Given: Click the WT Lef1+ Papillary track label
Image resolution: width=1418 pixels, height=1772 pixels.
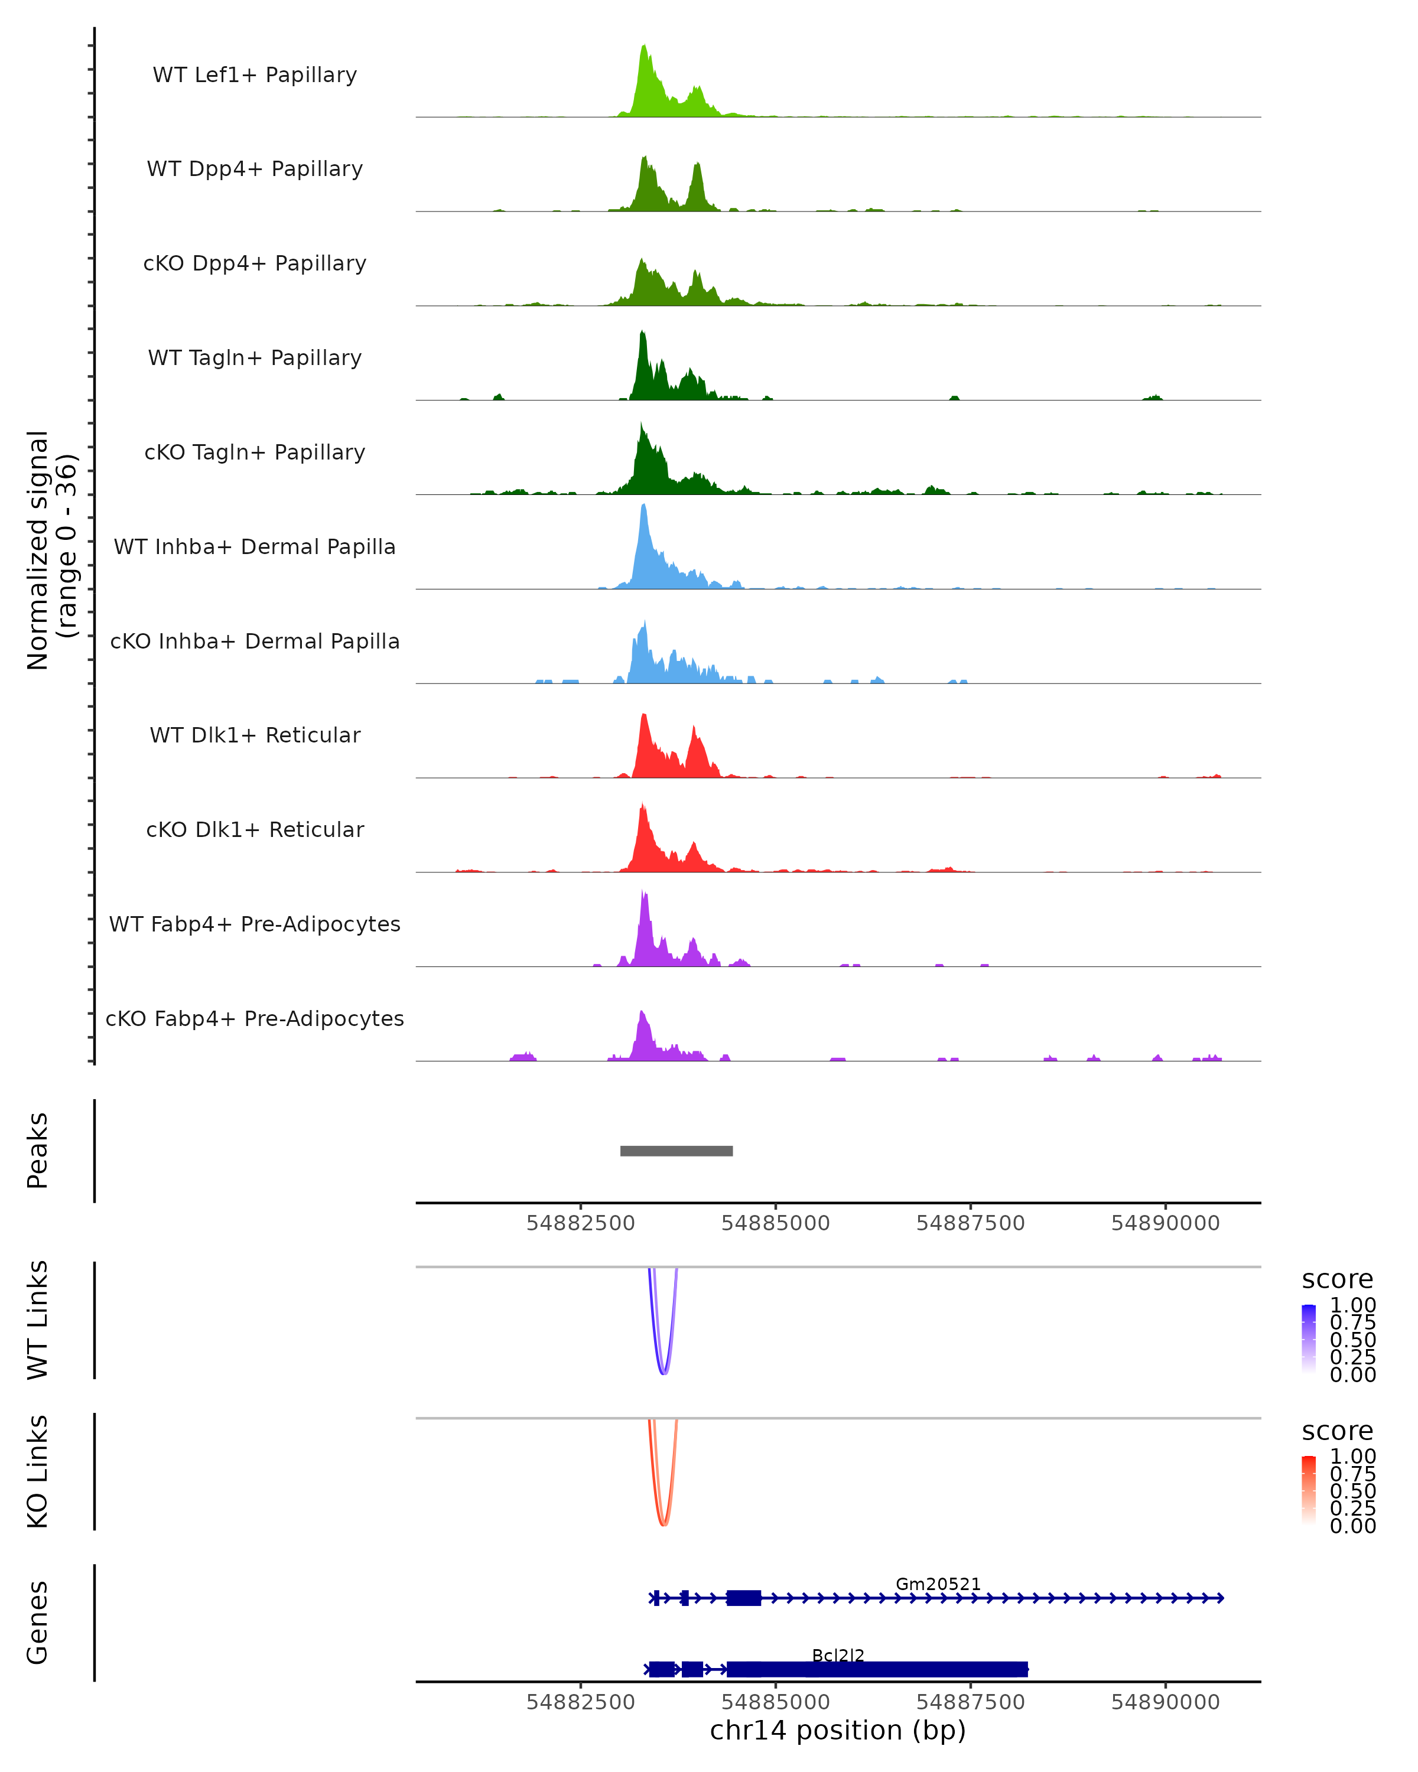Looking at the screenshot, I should (255, 75).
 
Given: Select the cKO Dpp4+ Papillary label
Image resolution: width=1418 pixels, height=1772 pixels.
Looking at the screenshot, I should (255, 263).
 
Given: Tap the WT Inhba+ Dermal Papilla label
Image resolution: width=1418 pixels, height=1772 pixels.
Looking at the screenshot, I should (255, 546).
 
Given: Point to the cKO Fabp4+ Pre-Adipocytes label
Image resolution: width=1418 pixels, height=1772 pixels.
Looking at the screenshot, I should (255, 1018).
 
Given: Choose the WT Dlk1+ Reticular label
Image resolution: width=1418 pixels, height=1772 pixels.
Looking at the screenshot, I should (255, 735).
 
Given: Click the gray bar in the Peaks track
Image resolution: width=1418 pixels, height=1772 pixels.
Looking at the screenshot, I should (676, 1151).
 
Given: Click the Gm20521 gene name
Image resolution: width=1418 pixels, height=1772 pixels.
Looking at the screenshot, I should (937, 1584).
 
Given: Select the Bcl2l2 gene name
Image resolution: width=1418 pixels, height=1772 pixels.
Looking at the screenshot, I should (838, 1655).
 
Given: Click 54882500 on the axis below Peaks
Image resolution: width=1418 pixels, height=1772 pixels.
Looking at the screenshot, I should (580, 1223).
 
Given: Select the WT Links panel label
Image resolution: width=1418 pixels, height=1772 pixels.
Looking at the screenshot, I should (38, 1320).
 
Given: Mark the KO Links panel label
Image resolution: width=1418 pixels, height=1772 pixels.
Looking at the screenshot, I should (38, 1471).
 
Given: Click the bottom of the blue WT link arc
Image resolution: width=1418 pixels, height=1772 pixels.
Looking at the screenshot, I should (664, 1373).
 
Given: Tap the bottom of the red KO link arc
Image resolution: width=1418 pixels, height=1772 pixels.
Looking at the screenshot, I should (664, 1525).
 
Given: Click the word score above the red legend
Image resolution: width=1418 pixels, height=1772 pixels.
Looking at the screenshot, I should (1336, 1431).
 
